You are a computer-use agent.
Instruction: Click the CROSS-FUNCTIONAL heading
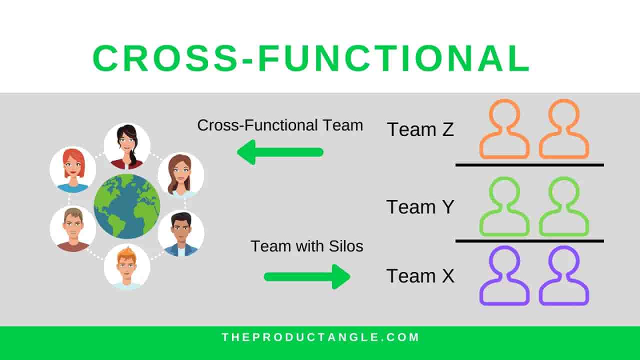point(310,58)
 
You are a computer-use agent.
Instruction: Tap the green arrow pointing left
point(280,152)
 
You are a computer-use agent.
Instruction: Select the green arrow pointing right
point(307,276)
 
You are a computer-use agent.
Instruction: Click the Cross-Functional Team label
point(280,125)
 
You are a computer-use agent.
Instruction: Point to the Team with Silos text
point(306,246)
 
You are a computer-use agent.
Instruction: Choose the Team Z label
point(420,129)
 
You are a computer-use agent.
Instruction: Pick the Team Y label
point(420,206)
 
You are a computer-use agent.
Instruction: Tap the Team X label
point(420,276)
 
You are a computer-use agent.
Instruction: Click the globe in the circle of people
point(127,206)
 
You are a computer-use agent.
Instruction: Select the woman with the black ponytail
point(127,146)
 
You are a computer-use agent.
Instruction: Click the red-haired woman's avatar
point(73,169)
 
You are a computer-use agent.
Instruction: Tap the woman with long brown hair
point(180,175)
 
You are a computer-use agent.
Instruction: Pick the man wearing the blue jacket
point(180,233)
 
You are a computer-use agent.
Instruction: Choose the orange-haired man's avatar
point(127,266)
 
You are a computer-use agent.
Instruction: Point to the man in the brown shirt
point(73,229)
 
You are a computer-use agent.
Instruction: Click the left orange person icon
point(504,129)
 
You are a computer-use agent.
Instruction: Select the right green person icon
point(563,206)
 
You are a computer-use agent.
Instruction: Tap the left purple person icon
point(504,276)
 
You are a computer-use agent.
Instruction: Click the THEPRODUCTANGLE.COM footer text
point(320,337)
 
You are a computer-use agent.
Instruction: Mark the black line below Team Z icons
point(529,164)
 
